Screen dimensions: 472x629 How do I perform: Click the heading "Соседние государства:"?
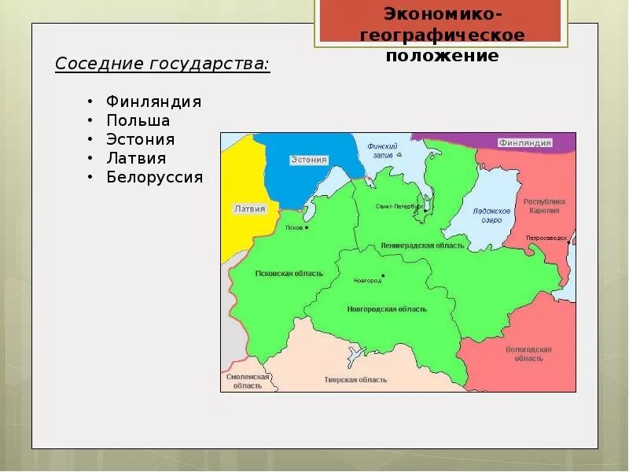pos(162,64)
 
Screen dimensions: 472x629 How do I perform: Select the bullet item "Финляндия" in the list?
pos(154,101)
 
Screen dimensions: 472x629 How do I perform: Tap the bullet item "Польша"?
pos(138,120)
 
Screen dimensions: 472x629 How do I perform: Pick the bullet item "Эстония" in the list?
pos(141,139)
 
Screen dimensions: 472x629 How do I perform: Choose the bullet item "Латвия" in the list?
pos(136,158)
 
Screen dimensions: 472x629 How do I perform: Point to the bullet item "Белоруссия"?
pos(155,177)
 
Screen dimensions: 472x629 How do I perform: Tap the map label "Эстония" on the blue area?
pos(308,160)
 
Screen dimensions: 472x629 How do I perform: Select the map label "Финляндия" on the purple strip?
pos(524,143)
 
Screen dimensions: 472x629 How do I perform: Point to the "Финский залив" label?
pos(383,150)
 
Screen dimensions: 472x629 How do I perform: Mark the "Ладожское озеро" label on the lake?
pos(492,216)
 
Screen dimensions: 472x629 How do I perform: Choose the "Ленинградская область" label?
pos(422,245)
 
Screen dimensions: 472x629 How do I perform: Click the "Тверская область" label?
pos(355,379)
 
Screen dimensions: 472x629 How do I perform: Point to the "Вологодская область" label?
pos(529,353)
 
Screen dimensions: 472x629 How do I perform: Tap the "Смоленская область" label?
pos(248,381)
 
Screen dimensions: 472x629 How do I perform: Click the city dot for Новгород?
pos(382,276)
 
